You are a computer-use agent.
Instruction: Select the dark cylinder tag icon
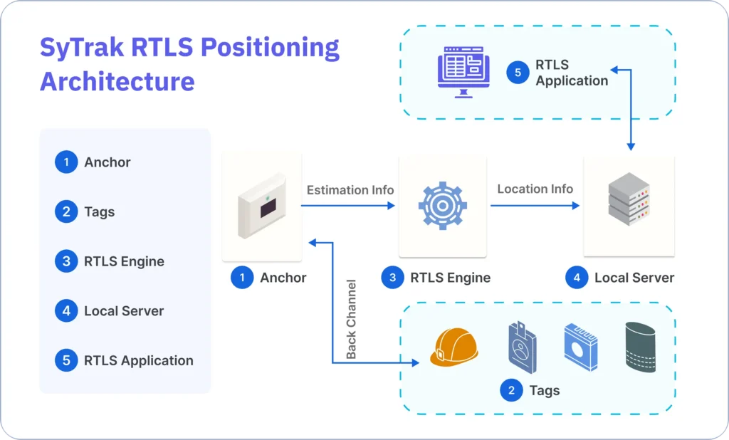tap(640, 347)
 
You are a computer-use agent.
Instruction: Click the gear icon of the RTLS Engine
tap(442, 205)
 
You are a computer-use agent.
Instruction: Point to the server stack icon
tap(629, 202)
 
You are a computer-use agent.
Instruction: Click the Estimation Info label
tap(350, 190)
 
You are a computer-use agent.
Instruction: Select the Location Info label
tap(535, 189)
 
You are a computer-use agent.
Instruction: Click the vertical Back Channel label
tap(351, 319)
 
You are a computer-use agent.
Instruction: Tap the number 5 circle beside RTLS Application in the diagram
tap(518, 73)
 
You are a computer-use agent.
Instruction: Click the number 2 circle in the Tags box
tap(510, 390)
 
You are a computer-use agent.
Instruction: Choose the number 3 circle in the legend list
tap(65, 261)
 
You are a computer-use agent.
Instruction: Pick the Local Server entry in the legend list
tap(124, 311)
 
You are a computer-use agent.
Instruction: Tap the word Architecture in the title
tap(117, 81)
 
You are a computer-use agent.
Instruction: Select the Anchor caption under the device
tap(283, 278)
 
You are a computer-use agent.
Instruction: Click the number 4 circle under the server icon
tap(576, 278)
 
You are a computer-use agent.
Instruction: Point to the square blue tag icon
tap(580, 347)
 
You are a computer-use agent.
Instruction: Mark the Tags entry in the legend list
tap(99, 211)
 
